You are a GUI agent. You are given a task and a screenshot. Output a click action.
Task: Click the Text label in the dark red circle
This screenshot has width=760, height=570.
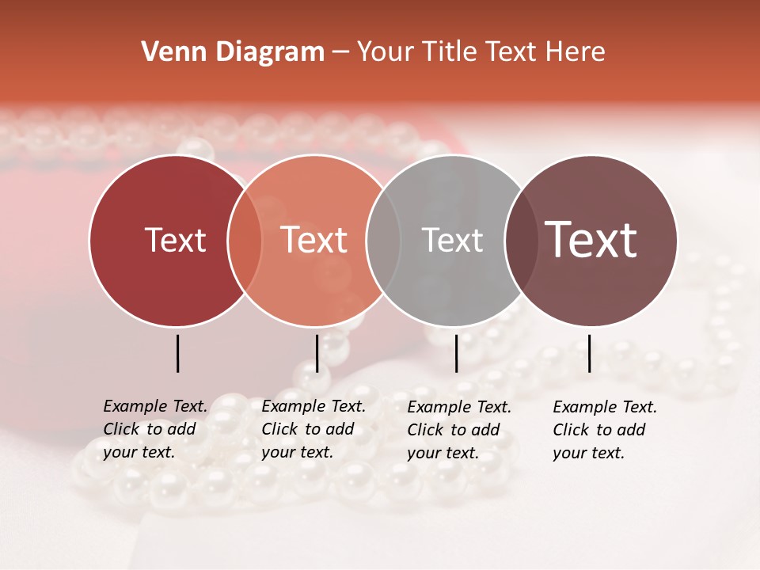[x=175, y=240]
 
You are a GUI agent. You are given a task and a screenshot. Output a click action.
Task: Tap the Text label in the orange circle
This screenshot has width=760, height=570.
[x=313, y=240]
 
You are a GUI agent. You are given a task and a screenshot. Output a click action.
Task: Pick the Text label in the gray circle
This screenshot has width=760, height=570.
[x=452, y=240]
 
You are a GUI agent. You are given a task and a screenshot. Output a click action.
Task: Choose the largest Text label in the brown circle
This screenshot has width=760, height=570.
[x=591, y=239]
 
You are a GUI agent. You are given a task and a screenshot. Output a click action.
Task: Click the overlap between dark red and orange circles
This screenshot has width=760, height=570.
[x=245, y=240]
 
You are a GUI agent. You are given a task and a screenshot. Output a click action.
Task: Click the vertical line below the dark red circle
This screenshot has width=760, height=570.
[x=178, y=353]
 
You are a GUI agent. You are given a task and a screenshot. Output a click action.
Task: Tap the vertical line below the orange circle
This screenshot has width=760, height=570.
[x=317, y=353]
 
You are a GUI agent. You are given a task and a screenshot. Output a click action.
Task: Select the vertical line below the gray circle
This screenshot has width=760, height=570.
[x=456, y=353]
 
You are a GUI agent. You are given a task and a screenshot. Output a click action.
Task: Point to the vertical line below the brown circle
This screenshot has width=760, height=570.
[x=589, y=353]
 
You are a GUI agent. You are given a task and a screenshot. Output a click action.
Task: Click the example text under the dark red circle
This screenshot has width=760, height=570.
[x=154, y=429]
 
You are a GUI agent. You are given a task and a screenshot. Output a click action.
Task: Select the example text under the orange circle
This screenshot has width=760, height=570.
[x=313, y=429]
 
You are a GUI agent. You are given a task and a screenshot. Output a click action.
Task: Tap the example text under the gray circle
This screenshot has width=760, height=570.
[x=458, y=429]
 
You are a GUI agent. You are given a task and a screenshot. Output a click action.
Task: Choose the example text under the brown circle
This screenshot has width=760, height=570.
[x=604, y=429]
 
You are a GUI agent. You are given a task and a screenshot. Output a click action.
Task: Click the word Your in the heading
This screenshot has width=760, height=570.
[x=385, y=52]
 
